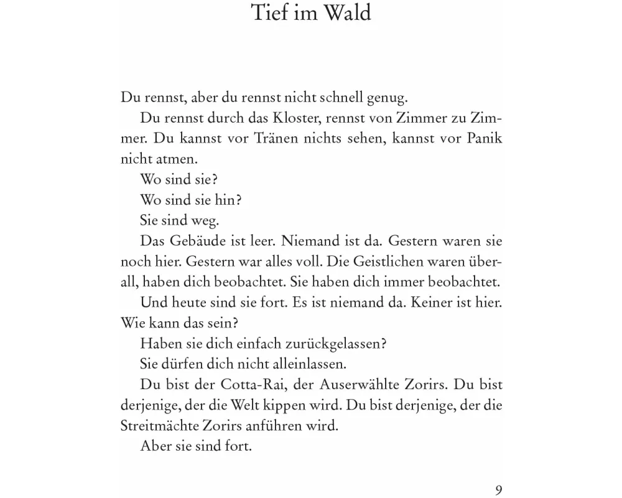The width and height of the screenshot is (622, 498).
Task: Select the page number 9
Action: click(498, 489)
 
